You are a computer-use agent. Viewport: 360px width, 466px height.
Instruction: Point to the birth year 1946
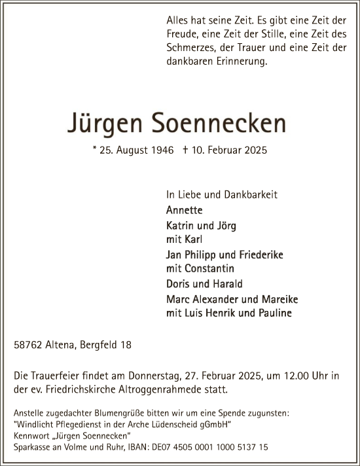tap(162, 151)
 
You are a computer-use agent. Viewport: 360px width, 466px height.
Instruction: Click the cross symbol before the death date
tap(187, 151)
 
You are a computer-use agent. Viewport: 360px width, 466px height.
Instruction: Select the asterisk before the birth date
tap(96, 150)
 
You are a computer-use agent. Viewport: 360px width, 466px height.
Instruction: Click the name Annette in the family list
tap(185, 210)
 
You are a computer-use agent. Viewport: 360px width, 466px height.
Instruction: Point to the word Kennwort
tap(32, 436)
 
